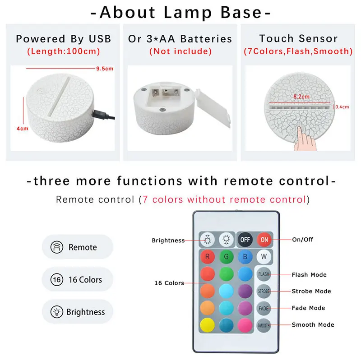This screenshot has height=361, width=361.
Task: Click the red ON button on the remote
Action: coord(263,239)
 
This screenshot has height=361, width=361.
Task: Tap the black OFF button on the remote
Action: coord(244,239)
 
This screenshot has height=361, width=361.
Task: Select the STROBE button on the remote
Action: coord(264,291)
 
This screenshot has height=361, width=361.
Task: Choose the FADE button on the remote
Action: coord(264,308)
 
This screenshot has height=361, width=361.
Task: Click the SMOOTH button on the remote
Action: coord(264,325)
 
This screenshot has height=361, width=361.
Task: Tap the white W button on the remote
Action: coord(264,257)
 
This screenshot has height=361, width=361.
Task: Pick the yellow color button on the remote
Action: coord(207,325)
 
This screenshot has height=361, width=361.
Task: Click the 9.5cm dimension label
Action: coord(104,69)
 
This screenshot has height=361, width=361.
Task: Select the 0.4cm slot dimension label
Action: coord(342,107)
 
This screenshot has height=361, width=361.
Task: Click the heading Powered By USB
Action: coord(63,39)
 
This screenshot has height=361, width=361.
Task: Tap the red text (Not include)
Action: coord(180,51)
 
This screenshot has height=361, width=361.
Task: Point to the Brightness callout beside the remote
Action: coord(168,241)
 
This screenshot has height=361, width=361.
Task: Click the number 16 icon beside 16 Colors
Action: coord(57,280)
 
